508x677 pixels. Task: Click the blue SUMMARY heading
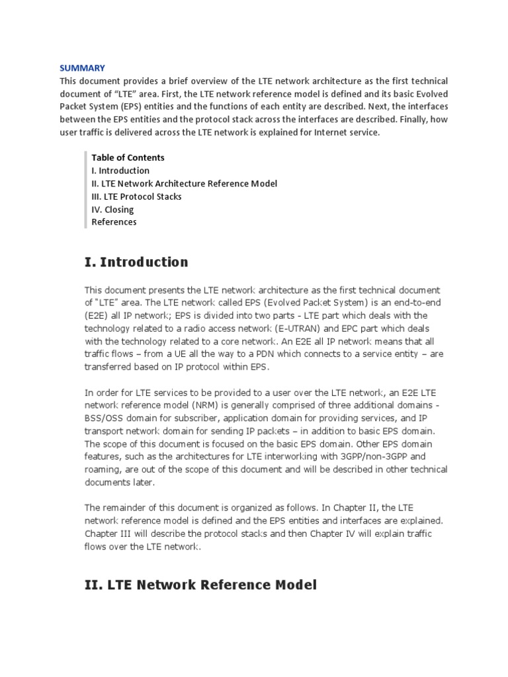[x=82, y=68]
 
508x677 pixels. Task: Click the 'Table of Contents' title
[x=128, y=157]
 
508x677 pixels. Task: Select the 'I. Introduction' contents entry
[x=120, y=171]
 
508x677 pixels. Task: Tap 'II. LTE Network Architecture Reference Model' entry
[x=185, y=184]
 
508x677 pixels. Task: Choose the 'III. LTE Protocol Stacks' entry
[x=136, y=196]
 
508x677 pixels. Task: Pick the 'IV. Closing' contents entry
[x=112, y=210]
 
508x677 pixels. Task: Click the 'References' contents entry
[x=114, y=222]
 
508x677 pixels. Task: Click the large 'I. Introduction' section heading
[x=136, y=262]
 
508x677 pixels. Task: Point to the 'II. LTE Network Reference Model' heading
[x=200, y=585]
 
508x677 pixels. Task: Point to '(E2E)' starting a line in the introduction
[x=98, y=316]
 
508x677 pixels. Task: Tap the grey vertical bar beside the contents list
[x=86, y=190]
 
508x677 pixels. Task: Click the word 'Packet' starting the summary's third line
[x=74, y=106]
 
